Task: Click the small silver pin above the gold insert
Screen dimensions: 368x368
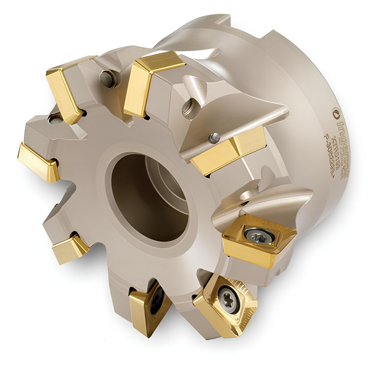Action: point(215,137)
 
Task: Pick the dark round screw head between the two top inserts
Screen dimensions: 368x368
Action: point(107,78)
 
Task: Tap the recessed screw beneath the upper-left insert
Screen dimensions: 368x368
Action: point(55,118)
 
